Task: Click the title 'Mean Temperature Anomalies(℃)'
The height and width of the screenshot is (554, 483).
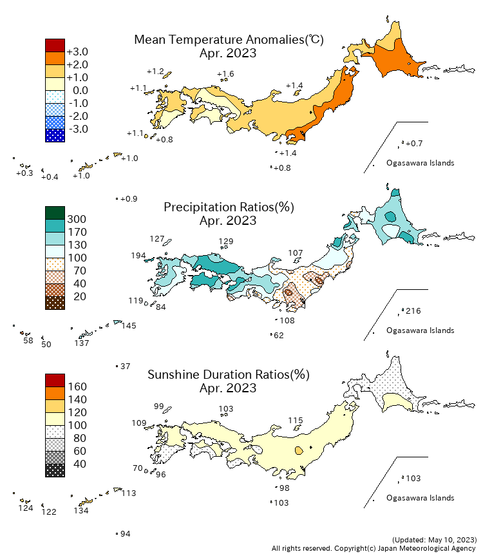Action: pos(229,40)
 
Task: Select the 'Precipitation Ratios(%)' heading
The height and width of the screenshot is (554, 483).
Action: pos(229,207)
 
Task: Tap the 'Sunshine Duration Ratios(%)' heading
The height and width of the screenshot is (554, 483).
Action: pos(229,375)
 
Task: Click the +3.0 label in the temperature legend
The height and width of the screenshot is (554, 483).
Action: pos(77,52)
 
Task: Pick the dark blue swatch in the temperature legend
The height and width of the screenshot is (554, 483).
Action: pos(55,135)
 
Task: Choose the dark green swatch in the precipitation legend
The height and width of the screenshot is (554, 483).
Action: pos(55,213)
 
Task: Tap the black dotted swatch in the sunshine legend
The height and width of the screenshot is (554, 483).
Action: pos(55,470)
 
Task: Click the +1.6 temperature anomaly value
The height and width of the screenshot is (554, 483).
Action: pos(225,74)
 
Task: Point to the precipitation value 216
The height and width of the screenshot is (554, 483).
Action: pos(413,311)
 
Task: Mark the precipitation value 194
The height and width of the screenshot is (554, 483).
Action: pos(138,256)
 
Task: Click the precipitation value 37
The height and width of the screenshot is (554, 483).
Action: pos(126,366)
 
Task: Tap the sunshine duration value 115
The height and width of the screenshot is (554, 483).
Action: pos(295,421)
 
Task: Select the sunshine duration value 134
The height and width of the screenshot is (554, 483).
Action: pos(81,511)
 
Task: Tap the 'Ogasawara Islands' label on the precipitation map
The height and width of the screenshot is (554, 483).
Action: pos(420,330)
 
